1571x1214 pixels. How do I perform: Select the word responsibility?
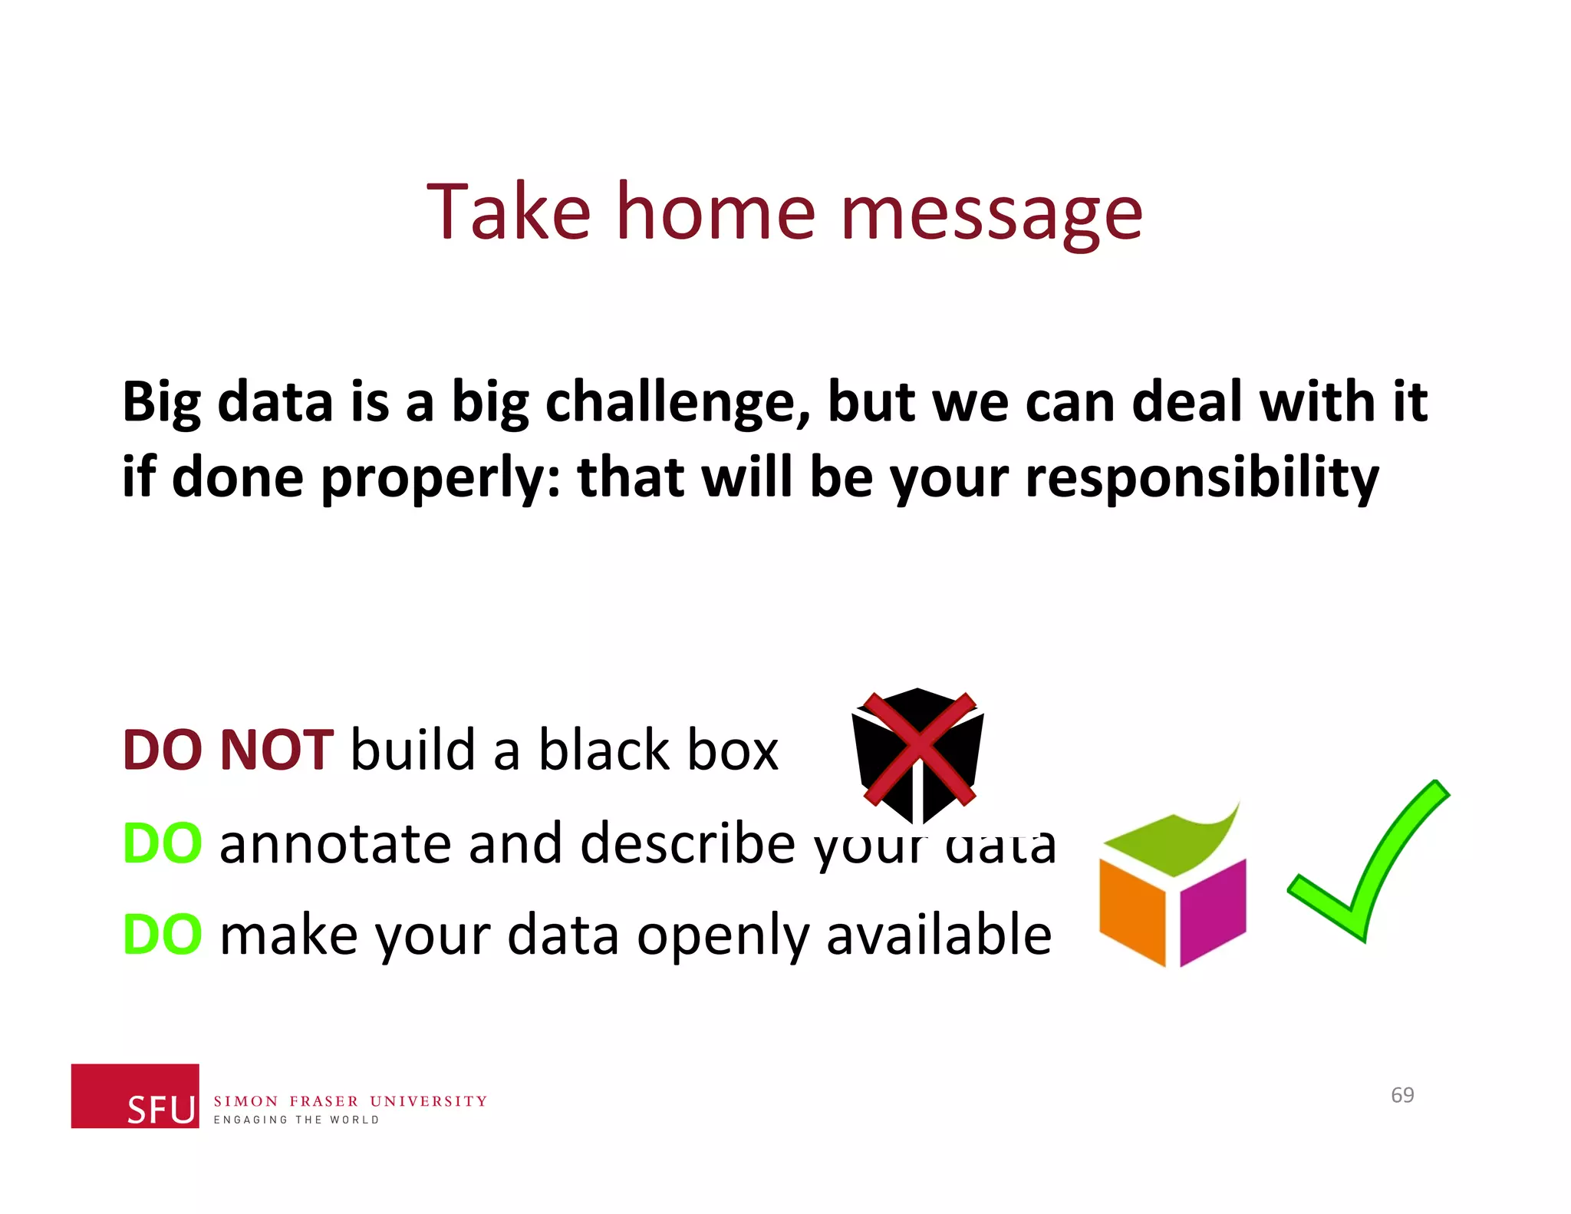point(1201,477)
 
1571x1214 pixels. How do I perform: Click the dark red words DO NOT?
point(228,750)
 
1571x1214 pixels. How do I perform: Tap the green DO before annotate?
point(163,843)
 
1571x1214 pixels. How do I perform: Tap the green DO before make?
point(163,935)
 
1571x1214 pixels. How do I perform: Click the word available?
point(938,935)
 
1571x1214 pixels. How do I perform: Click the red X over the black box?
point(918,748)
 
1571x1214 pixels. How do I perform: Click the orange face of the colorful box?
point(1131,909)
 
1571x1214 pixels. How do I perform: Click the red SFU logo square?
point(135,1095)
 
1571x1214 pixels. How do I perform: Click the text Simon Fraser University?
point(350,1101)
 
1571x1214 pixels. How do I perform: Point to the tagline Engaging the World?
point(296,1120)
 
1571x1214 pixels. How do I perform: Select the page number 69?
point(1402,1095)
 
